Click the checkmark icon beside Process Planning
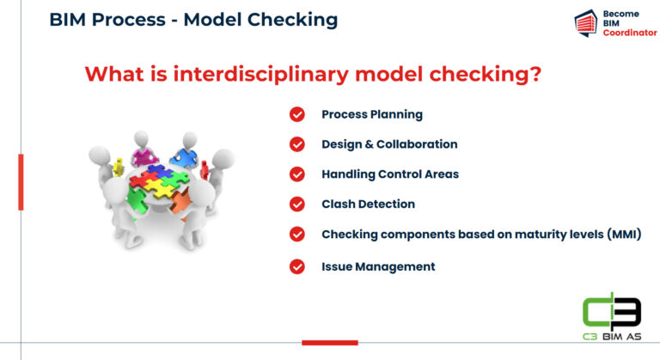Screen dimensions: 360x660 point(297,114)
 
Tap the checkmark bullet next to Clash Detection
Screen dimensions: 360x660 point(297,204)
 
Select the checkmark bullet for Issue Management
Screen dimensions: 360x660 point(297,266)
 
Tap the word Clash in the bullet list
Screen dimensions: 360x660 point(338,204)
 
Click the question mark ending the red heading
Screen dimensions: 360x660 point(534,75)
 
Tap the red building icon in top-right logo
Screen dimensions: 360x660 point(586,23)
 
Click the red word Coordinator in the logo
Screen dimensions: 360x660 point(629,33)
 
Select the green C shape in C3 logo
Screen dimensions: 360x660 point(595,310)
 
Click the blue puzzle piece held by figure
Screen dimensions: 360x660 point(183,157)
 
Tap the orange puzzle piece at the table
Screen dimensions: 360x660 point(180,202)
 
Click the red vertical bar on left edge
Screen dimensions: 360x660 point(21,181)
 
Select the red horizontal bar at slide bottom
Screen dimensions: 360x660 point(329,342)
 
